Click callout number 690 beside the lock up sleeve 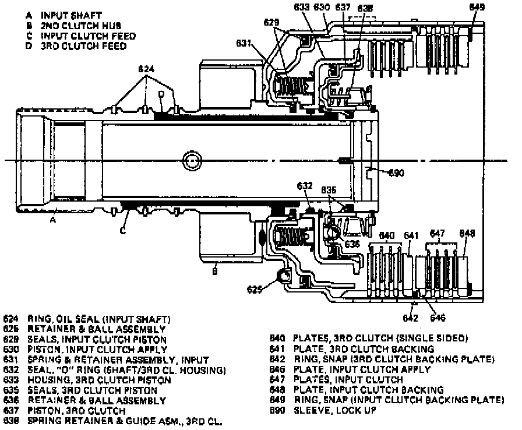[396, 172]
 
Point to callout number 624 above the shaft [146, 69]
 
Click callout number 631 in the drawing [244, 43]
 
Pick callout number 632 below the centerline [305, 186]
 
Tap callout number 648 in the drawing [467, 234]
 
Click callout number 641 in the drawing [411, 235]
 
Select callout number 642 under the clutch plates [411, 318]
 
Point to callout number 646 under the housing [438, 318]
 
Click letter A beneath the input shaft [52, 220]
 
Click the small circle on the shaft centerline [191, 161]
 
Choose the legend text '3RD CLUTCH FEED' [83, 46]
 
